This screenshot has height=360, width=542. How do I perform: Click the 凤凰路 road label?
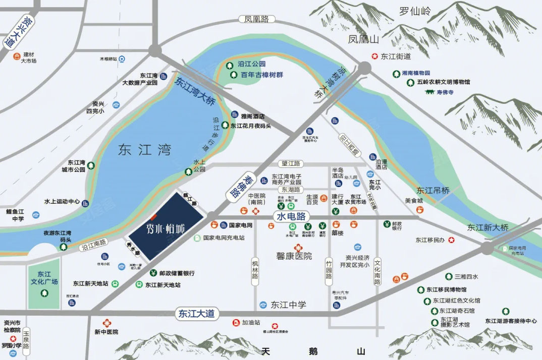(x=255, y=19)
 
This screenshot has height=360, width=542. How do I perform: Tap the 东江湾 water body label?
(x=144, y=150)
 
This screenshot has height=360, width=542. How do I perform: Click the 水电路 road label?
(x=290, y=216)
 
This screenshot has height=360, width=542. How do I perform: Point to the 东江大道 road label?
(x=196, y=313)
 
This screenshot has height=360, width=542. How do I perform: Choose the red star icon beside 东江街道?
(x=375, y=56)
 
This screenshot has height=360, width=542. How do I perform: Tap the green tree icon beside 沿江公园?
(x=233, y=65)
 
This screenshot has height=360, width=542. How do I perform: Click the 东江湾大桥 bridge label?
(x=195, y=90)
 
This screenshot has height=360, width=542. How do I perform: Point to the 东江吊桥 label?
(x=432, y=191)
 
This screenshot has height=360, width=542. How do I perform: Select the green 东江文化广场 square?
(x=43, y=283)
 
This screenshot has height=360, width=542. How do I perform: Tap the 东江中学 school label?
(x=288, y=305)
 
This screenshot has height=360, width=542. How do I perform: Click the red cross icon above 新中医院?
(x=106, y=323)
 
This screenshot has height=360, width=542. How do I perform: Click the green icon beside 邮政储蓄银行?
(x=153, y=273)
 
